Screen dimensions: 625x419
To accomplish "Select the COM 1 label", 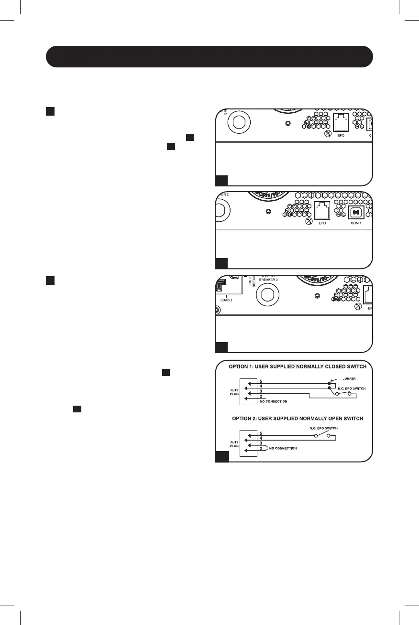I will point(356,223).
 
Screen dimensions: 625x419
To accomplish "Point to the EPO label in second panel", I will point(321,223).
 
